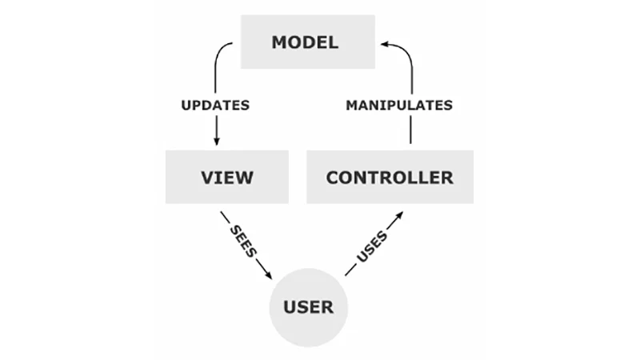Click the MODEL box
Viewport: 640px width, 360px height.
pyautogui.click(x=308, y=42)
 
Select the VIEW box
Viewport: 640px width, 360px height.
pyautogui.click(x=227, y=177)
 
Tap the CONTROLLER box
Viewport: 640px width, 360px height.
pyautogui.click(x=390, y=177)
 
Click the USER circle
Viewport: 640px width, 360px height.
pyautogui.click(x=308, y=307)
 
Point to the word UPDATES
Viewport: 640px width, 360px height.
pyautogui.click(x=215, y=106)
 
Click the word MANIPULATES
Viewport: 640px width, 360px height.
pyautogui.click(x=399, y=106)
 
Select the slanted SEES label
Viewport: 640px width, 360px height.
pyautogui.click(x=244, y=241)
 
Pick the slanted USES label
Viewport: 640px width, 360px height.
pyautogui.click(x=372, y=246)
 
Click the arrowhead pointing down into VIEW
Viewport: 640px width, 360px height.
pyautogui.click(x=216, y=142)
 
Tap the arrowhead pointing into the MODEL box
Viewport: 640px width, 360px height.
pyautogui.click(x=385, y=44)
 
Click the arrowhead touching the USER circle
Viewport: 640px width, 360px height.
pyautogui.click(x=268, y=274)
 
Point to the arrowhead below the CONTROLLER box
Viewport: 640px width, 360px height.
pyautogui.click(x=398, y=215)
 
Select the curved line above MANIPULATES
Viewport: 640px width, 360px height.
pyautogui.click(x=408, y=59)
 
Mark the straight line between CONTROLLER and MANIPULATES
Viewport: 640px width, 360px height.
pyautogui.click(x=410, y=130)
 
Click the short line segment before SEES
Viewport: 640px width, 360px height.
pyautogui.click(x=226, y=217)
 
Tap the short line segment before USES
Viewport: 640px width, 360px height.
pyautogui.click(x=350, y=270)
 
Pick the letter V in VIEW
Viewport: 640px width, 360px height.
pyautogui.click(x=207, y=178)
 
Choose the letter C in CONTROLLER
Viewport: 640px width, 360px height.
pyautogui.click(x=332, y=178)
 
